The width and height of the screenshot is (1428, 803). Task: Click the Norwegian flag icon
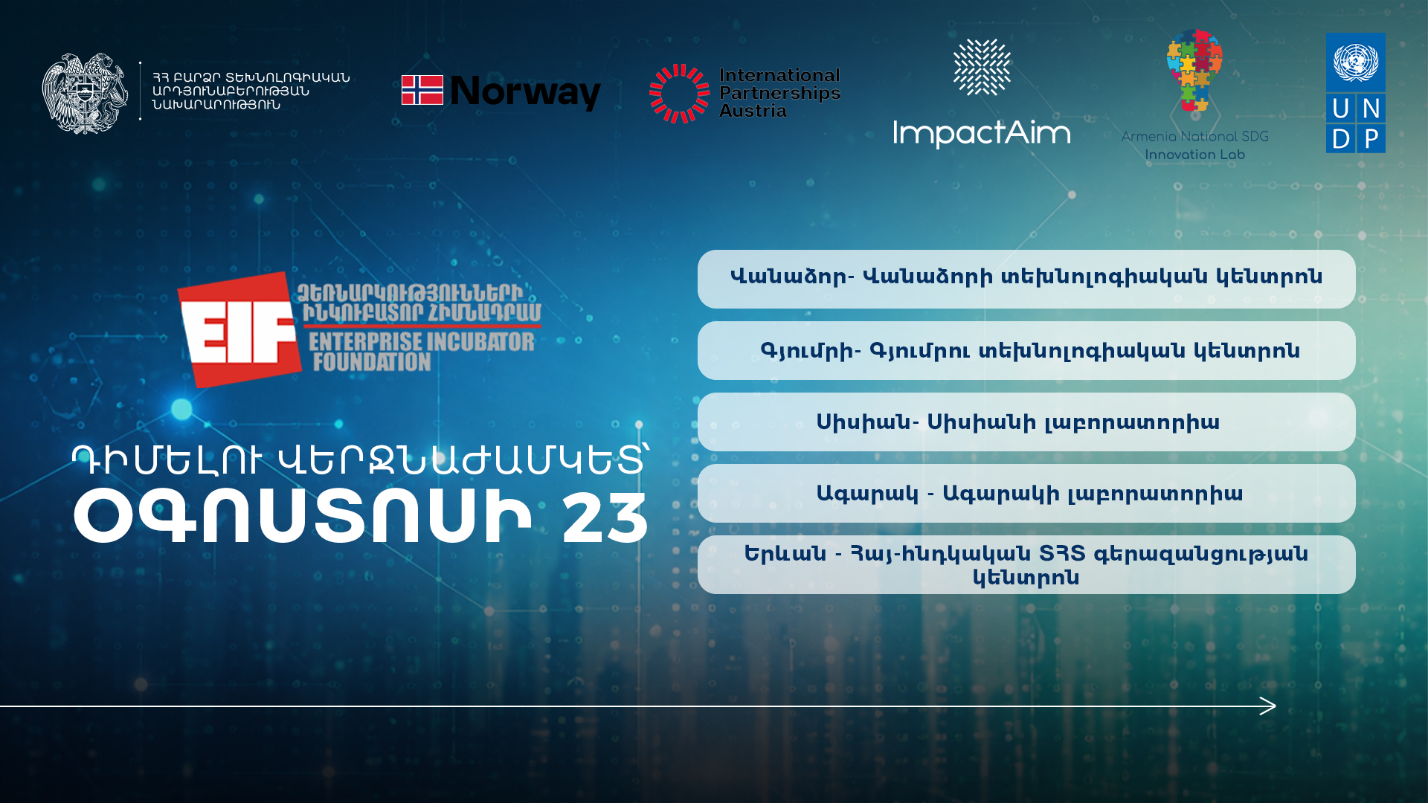[x=422, y=90]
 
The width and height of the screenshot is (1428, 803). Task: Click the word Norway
[x=526, y=92]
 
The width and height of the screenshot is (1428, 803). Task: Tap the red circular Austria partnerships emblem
[x=680, y=93]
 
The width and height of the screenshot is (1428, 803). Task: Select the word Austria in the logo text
[x=753, y=111]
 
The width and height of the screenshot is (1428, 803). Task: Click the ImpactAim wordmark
[x=982, y=134]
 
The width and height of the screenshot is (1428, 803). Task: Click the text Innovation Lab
[x=1194, y=155]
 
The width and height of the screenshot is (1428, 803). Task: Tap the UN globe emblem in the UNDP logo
[x=1355, y=62]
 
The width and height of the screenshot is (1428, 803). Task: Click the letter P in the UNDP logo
[x=1371, y=138]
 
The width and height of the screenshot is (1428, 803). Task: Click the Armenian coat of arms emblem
[x=85, y=93]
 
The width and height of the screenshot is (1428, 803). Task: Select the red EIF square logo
[x=239, y=329]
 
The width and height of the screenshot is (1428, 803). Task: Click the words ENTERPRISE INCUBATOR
[x=422, y=341]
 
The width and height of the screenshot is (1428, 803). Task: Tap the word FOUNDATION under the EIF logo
[x=371, y=362]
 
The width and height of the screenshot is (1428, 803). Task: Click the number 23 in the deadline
[x=605, y=518]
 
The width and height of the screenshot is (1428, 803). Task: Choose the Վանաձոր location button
[x=1026, y=279]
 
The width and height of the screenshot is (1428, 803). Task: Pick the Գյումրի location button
[x=1026, y=350]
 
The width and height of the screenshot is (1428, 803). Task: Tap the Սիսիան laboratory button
[x=1026, y=422]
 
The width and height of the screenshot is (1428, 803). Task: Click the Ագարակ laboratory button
[x=1026, y=493]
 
